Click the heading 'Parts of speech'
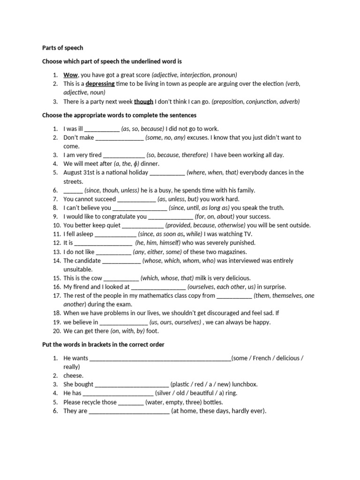pos(62,47)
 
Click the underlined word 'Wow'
pos(70,75)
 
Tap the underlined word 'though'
pos(143,101)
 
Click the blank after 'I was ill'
pos(102,129)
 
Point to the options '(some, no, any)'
pos(165,137)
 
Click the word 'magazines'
pos(232,252)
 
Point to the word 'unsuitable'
pos(78,270)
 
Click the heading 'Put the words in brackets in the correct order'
pos(103,345)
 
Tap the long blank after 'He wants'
pos(160,359)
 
